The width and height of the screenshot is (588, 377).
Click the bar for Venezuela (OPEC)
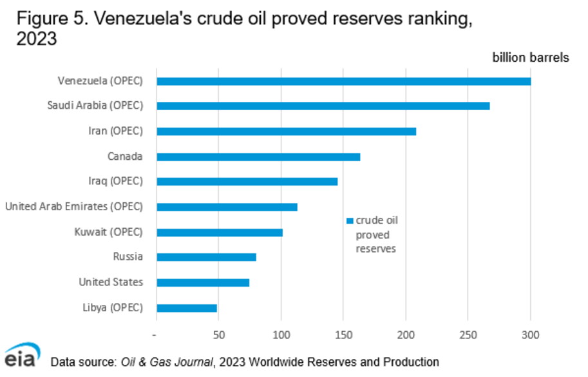click(343, 81)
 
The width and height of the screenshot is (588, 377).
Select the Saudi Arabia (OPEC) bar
click(323, 106)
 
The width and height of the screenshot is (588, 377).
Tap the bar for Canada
click(258, 157)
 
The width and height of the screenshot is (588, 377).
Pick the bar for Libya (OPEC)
click(187, 308)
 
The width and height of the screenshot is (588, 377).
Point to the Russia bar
click(206, 257)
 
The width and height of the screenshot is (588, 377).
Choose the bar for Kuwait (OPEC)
click(220, 232)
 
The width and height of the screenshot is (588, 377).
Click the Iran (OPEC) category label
click(115, 131)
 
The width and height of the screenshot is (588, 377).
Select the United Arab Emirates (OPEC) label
click(73, 207)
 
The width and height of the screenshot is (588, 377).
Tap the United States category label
click(111, 282)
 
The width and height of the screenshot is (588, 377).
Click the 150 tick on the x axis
click(343, 335)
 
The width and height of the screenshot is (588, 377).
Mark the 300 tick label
click(531, 335)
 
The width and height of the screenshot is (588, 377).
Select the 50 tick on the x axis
click(218, 335)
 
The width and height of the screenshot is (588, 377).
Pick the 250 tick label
click(468, 335)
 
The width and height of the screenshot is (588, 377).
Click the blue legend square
click(350, 220)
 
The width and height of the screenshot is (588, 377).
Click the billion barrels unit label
click(531, 58)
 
